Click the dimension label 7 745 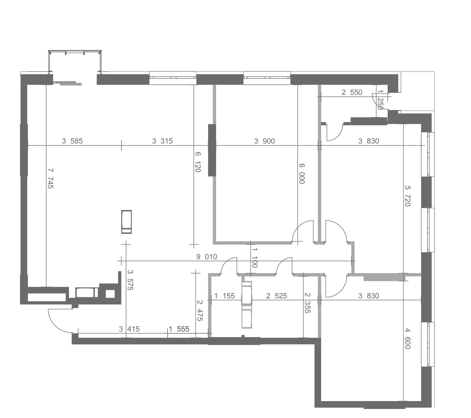click(x=50, y=178)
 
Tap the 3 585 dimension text click(x=72, y=141)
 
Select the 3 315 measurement click(x=162, y=141)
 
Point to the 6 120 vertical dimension click(x=197, y=162)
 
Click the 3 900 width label click(x=264, y=141)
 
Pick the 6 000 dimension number click(x=301, y=174)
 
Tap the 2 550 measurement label click(x=352, y=92)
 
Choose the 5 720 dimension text click(x=408, y=196)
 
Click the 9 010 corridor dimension click(x=206, y=257)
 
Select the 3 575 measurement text click(x=130, y=280)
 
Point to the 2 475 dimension click(x=200, y=311)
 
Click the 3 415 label click(x=129, y=329)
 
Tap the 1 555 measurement click(x=179, y=329)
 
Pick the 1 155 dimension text click(x=224, y=296)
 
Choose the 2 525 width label click(x=276, y=296)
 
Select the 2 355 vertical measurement click(x=307, y=303)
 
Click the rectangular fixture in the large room click(x=126, y=222)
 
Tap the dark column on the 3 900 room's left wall click(x=212, y=150)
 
